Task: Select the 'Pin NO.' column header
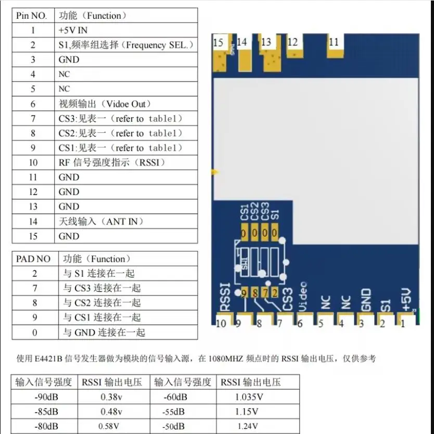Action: (33, 16)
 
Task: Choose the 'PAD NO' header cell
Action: (33, 259)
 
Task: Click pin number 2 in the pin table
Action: (33, 45)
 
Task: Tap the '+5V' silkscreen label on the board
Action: (407, 300)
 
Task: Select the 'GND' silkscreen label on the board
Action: (366, 300)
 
